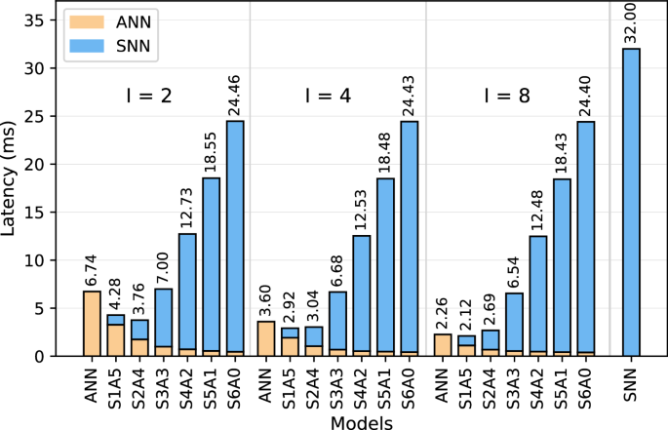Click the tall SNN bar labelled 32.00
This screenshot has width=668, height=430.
[631, 202]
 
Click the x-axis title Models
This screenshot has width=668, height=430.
[362, 421]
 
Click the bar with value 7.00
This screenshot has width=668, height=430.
[164, 323]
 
